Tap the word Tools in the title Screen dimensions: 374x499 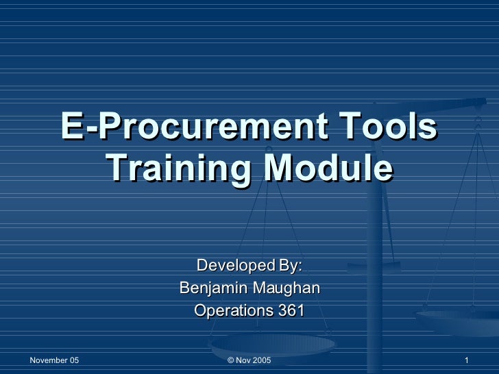coord(391,127)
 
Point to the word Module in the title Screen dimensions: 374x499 coord(329,167)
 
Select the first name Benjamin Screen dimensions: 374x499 coord(212,288)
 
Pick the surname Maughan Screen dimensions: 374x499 coord(284,288)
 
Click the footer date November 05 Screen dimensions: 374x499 coord(54,360)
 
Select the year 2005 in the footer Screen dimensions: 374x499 coord(262,360)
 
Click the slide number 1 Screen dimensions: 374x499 coord(466,360)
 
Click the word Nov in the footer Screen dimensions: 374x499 coord(243,360)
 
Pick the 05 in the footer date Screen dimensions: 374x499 coord(73,360)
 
